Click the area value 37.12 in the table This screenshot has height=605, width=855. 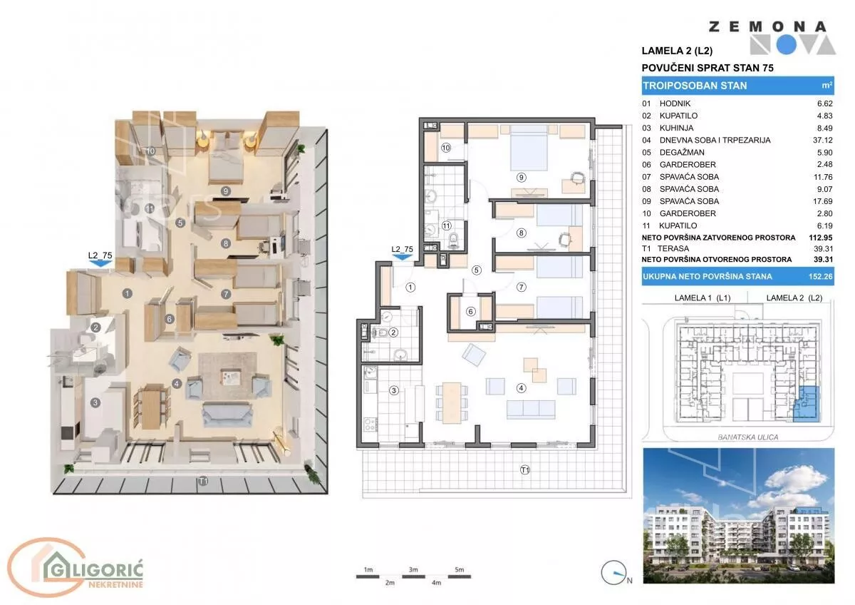click(x=822, y=141)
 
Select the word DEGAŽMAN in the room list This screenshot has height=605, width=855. click(x=682, y=153)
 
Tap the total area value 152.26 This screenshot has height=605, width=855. click(x=820, y=276)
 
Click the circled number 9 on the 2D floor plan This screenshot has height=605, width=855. click(x=521, y=178)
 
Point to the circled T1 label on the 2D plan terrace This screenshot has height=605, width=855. click(x=525, y=469)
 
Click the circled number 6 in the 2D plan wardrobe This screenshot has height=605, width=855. click(x=470, y=312)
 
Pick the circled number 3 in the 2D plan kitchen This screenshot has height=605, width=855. click(x=393, y=390)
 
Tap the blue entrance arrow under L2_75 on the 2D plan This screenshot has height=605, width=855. click(x=402, y=258)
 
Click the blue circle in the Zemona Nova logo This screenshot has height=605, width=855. click(x=787, y=45)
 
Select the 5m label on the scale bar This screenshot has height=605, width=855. click(x=459, y=569)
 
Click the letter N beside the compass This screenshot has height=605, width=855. click(x=629, y=581)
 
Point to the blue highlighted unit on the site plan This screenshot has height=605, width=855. click(x=806, y=404)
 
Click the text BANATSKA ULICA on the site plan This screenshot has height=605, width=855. click(x=747, y=437)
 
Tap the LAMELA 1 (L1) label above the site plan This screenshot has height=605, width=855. click(x=703, y=298)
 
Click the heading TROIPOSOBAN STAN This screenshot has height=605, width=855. click(x=695, y=86)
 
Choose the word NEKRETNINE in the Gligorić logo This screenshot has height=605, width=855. click(x=115, y=584)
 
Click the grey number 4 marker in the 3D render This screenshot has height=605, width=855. click(x=177, y=384)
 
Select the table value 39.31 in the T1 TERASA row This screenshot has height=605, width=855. click(x=823, y=249)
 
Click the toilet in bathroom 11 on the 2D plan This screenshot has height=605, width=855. click(x=453, y=240)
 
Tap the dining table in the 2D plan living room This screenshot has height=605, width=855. click(x=452, y=403)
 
